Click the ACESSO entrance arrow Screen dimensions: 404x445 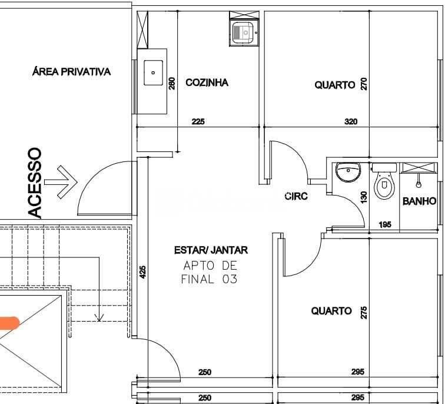pyautogui.click(x=61, y=183)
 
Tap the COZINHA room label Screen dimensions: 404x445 pyautogui.click(x=207, y=82)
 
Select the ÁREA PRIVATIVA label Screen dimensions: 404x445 pyautogui.click(x=71, y=72)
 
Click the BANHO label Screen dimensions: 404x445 pyautogui.click(x=419, y=201)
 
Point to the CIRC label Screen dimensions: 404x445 pyautogui.click(x=296, y=196)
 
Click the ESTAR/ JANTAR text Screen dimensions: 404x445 pyautogui.click(x=211, y=250)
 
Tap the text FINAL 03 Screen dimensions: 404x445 pyautogui.click(x=209, y=279)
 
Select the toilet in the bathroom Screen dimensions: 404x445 pyautogui.click(x=384, y=183)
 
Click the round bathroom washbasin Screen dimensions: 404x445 pyautogui.click(x=347, y=173)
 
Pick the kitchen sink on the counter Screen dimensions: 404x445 pyautogui.click(x=154, y=74)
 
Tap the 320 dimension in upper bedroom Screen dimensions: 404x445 pyautogui.click(x=351, y=122)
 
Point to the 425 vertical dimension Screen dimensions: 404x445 pyautogui.click(x=143, y=271)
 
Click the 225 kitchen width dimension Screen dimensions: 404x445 pyautogui.click(x=198, y=122)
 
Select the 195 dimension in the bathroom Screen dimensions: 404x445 pyautogui.click(x=384, y=224)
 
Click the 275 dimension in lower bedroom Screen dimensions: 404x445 pyautogui.click(x=364, y=312)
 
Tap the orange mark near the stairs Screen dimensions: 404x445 pyautogui.click(x=9, y=322)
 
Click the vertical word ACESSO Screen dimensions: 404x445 pyautogui.click(x=35, y=183)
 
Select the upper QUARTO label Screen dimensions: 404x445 pyautogui.click(x=334, y=85)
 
